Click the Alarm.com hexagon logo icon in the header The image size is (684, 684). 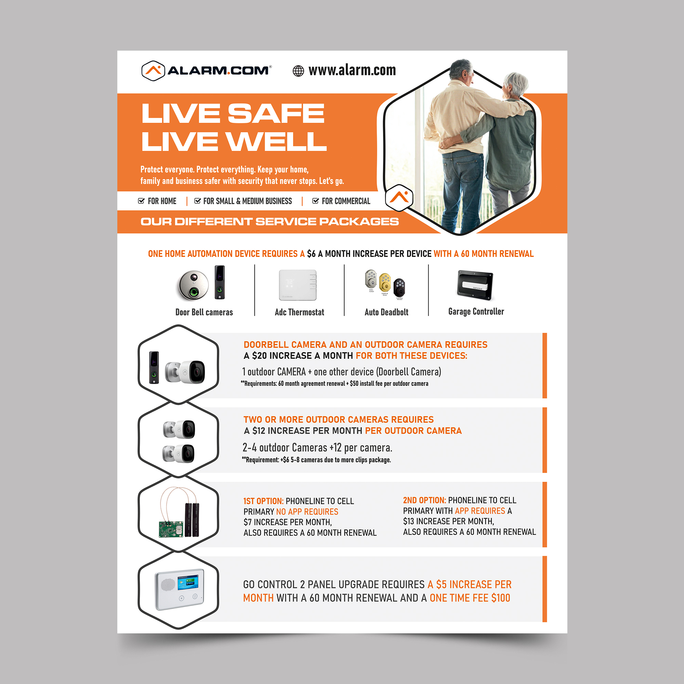(153, 71)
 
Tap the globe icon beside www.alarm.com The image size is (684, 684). (298, 71)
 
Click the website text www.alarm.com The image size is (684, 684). (352, 70)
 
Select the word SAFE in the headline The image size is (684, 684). (276, 114)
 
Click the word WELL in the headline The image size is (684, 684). (276, 141)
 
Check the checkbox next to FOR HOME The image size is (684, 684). (141, 201)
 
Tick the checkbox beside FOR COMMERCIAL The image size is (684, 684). (315, 201)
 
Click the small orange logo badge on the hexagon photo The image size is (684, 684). (399, 198)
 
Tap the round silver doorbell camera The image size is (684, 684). (193, 285)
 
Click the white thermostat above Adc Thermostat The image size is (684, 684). (298, 285)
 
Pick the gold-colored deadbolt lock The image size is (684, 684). (385, 282)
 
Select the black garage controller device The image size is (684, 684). (475, 285)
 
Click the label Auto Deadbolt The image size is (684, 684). (386, 312)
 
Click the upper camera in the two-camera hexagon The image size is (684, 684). (180, 430)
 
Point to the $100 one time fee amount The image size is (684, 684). (500, 598)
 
